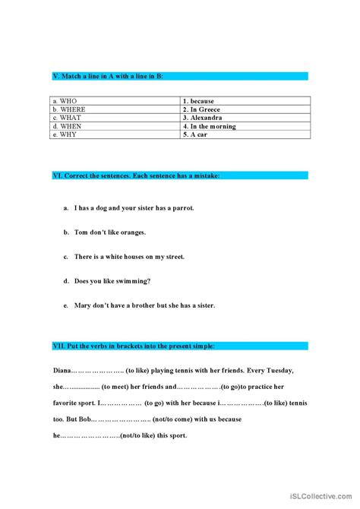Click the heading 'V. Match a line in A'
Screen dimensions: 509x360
108,76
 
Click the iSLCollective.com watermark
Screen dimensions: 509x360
323,497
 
